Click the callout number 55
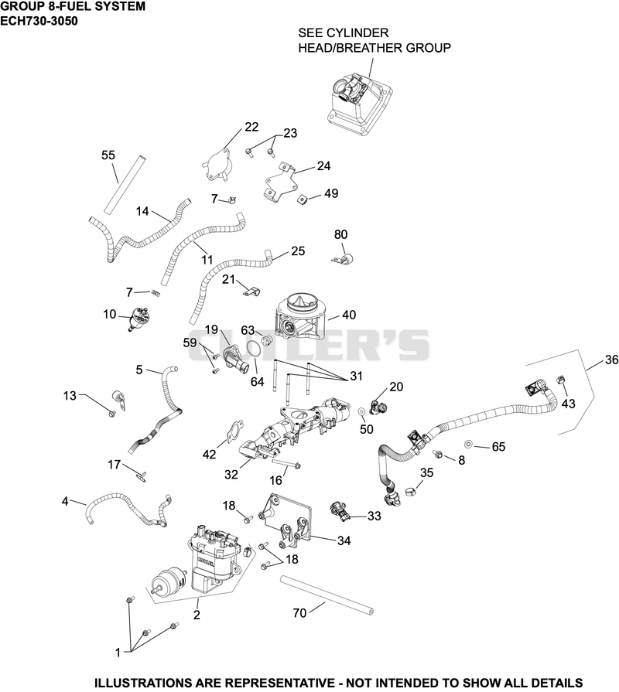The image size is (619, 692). [108, 155]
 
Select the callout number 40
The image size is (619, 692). [349, 315]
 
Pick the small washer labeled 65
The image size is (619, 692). [468, 443]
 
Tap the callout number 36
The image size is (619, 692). [611, 360]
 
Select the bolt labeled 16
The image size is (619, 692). [287, 463]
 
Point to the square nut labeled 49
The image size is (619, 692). [302, 199]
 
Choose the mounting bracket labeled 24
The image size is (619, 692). [279, 183]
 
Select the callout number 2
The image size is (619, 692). [197, 615]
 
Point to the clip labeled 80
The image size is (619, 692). [344, 259]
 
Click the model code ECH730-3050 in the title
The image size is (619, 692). [39, 21]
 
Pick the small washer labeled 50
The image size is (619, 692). [361, 411]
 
